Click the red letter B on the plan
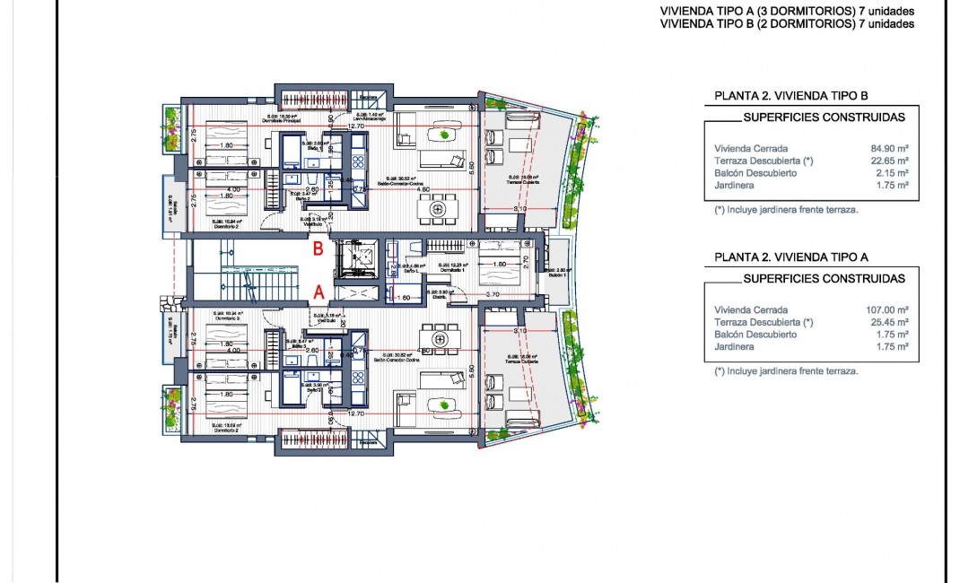pos(317,250)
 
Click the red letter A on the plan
pos(318,291)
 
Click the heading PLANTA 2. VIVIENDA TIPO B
pos(790,95)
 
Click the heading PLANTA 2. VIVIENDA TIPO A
pos(790,257)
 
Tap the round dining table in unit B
pos(439,209)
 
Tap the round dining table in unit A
pos(439,340)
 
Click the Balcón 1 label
pos(557,274)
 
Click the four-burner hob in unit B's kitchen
pos(356,162)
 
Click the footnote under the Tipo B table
pos(786,210)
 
